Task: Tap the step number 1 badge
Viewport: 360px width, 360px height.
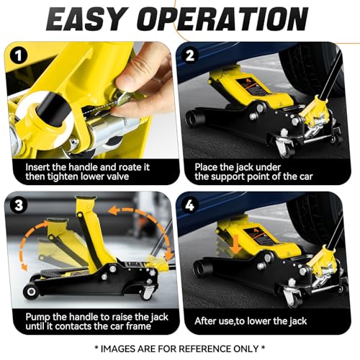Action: [x=19, y=56]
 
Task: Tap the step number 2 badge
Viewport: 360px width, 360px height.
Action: [x=190, y=55]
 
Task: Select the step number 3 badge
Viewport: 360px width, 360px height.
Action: [x=19, y=205]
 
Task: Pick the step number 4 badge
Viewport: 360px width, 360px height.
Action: [x=190, y=205]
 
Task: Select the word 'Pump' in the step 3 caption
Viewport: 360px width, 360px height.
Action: [x=38, y=318]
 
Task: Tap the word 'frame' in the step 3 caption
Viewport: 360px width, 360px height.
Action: [x=138, y=326]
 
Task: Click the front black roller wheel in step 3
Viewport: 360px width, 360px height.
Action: [x=31, y=292]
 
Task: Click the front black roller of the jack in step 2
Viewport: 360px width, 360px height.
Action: [x=194, y=118]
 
